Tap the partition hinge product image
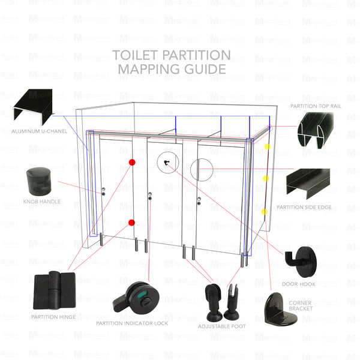point(55,291)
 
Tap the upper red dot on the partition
point(132,163)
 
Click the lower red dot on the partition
point(131,223)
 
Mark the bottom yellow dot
point(263,211)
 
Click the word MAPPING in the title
point(147,70)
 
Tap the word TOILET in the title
point(133,55)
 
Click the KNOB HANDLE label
point(41,202)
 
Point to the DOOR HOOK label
point(298,283)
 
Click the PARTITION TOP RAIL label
point(317,105)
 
